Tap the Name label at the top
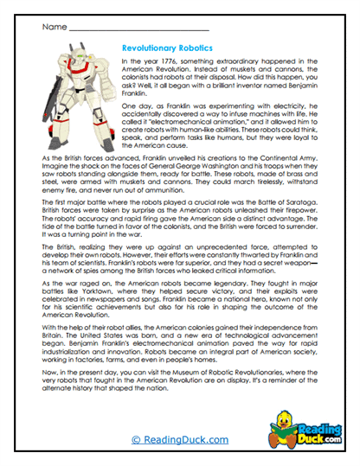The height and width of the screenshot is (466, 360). pos(53,27)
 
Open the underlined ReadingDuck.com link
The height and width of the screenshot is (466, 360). pos(179,440)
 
